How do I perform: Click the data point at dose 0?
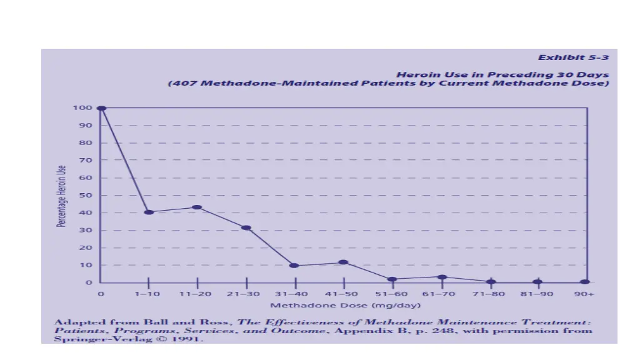tap(102, 108)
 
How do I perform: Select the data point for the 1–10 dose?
tap(149, 212)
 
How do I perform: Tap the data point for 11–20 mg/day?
tap(197, 207)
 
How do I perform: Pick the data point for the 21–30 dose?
tap(246, 227)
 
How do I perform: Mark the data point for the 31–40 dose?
tap(294, 266)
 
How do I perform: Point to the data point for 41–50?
tap(343, 262)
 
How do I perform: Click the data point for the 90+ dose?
tap(585, 282)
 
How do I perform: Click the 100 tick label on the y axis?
tap(84, 108)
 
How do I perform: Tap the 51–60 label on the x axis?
tap(392, 294)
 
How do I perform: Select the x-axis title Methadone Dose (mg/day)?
tap(345, 305)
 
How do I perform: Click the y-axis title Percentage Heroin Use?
tap(61, 196)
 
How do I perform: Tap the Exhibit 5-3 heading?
tap(573, 57)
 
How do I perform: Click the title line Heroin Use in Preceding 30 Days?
tap(502, 74)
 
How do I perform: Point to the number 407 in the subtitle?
tap(181, 83)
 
